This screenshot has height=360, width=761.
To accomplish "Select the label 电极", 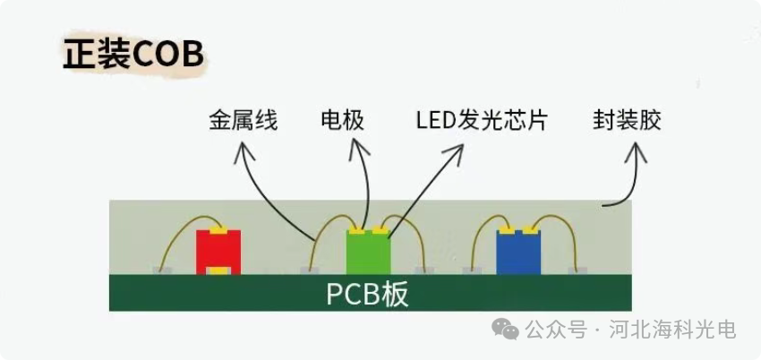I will click(x=342, y=120).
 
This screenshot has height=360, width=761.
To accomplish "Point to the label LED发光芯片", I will click(x=481, y=120).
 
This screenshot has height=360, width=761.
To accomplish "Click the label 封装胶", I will click(x=627, y=120).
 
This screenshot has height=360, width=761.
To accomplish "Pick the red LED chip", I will click(x=218, y=251).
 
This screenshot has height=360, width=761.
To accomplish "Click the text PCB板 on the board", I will click(x=367, y=294).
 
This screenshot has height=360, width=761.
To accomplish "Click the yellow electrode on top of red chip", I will click(x=218, y=230).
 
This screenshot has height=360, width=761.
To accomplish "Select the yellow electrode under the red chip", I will click(x=218, y=270).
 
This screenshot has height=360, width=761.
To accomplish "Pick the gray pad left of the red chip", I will click(x=162, y=269).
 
